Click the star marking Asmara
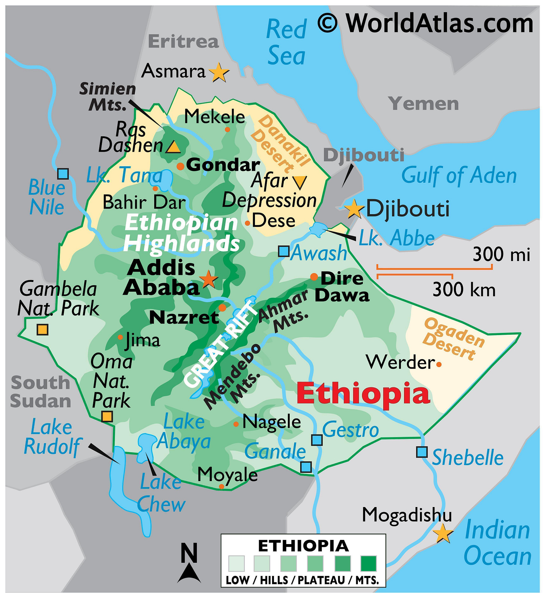219,72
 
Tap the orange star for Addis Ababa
208,279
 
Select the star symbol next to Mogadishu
443,533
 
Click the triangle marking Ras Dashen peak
173,147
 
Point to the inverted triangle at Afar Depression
299,182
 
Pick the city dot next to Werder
439,364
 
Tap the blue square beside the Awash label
284,251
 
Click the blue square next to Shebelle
422,452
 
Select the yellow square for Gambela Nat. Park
42,330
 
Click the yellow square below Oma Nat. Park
107,416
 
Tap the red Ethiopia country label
363,394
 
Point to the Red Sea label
286,42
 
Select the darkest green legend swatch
368,563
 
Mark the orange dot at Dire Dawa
314,277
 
